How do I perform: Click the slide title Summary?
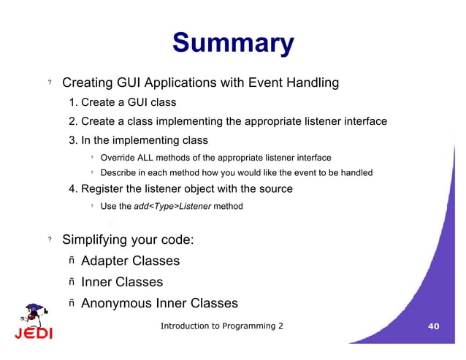(x=232, y=43)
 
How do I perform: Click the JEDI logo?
(x=33, y=323)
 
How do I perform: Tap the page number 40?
(x=433, y=326)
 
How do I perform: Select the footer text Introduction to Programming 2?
(x=222, y=326)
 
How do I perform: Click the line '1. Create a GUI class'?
(x=122, y=102)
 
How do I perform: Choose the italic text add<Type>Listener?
(x=172, y=207)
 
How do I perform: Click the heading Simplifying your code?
(x=127, y=240)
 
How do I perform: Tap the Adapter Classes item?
(x=130, y=261)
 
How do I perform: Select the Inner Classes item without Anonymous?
(x=121, y=282)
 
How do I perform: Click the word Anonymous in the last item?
(x=116, y=303)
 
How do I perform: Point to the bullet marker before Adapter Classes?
(x=72, y=261)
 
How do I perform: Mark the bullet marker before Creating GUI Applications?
(x=50, y=84)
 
